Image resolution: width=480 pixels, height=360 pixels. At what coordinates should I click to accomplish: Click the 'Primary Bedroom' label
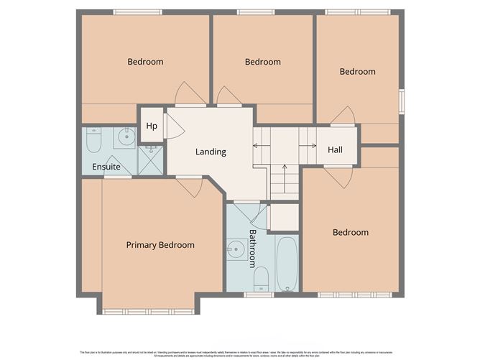(x=160, y=245)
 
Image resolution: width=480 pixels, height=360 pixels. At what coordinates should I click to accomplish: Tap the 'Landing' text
(x=211, y=152)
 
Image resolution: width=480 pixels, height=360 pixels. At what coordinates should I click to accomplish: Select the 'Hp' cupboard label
(x=152, y=126)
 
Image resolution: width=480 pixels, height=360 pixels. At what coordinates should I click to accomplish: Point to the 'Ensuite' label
(x=106, y=167)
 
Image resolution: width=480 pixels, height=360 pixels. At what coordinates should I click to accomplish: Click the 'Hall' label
(x=335, y=149)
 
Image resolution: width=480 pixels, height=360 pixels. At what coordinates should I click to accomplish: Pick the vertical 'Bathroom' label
(x=253, y=248)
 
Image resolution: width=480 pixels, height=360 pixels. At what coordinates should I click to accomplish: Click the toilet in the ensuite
(x=94, y=142)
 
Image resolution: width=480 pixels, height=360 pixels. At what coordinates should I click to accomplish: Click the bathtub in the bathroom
(x=286, y=264)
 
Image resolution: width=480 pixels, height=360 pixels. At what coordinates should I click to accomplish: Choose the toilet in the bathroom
(x=261, y=278)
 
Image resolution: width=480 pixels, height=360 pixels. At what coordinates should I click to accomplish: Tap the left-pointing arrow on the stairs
(x=257, y=146)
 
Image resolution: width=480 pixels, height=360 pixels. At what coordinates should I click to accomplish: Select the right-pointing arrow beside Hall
(x=313, y=146)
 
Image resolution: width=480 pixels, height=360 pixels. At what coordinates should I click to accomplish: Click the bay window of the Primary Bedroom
(x=148, y=311)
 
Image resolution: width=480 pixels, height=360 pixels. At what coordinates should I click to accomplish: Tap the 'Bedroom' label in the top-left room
(x=145, y=62)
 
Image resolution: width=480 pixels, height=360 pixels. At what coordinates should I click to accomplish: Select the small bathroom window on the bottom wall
(x=258, y=295)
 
